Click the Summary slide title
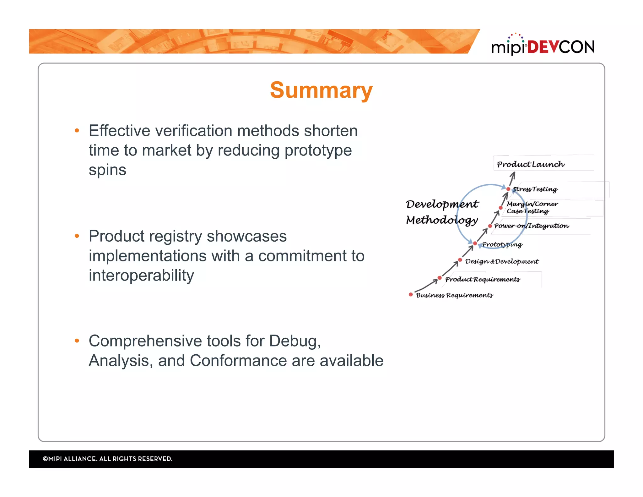pyautogui.click(x=321, y=90)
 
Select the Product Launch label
pyautogui.click(x=530, y=164)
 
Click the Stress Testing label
pyautogui.click(x=535, y=189)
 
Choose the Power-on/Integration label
pyautogui.click(x=531, y=226)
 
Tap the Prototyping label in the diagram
pyautogui.click(x=502, y=244)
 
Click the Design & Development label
pyautogui.click(x=501, y=261)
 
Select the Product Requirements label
pyautogui.click(x=482, y=279)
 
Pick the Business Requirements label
pyautogui.click(x=454, y=295)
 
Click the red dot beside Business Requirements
pyautogui.click(x=411, y=294)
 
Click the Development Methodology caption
pyautogui.click(x=442, y=212)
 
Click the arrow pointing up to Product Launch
pyautogui.click(x=512, y=178)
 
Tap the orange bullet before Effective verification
pyautogui.click(x=77, y=131)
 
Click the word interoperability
pyautogui.click(x=141, y=275)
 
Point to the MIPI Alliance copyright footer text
pyautogui.click(x=107, y=459)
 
